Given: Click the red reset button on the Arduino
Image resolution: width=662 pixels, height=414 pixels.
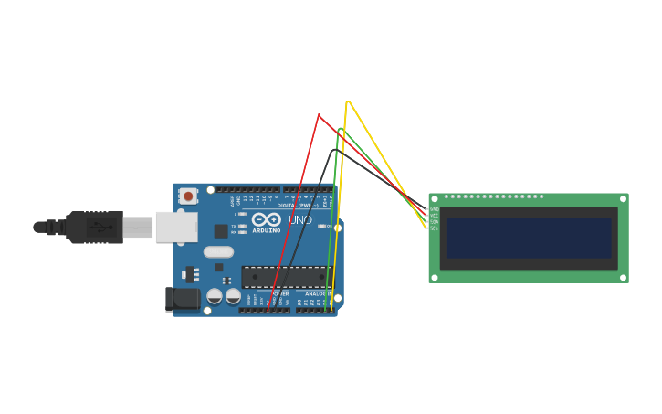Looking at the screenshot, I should coord(188,196).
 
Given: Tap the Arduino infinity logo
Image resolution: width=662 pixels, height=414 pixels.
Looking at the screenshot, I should coord(266,219).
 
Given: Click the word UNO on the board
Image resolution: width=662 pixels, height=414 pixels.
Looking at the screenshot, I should coord(300,219).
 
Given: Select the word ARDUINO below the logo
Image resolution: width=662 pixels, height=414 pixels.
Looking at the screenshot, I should coord(266,230).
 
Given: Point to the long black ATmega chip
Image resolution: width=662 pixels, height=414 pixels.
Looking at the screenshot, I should coord(286,277).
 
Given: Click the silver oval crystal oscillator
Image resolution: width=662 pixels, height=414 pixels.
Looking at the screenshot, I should coord(218,251).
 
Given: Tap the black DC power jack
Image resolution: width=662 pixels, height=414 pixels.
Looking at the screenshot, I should coord(183,298).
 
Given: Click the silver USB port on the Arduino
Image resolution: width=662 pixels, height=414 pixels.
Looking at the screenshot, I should coord(176,227).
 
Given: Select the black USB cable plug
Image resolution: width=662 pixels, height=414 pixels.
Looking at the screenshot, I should coord(95,227).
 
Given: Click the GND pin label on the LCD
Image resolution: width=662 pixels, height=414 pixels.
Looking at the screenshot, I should coord(435,209).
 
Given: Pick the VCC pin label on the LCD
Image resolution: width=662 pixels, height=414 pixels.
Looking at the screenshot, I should coord(435,216).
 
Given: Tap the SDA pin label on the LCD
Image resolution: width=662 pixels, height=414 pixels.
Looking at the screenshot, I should coord(435,222).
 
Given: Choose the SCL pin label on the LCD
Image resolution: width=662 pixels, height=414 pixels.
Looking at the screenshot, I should coord(435,228).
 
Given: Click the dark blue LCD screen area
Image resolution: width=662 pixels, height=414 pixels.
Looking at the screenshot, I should coord(529,238).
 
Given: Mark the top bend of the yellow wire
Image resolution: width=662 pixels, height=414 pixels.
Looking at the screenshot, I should coord(348,101).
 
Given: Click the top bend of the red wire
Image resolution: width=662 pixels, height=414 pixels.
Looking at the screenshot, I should coord(318,115).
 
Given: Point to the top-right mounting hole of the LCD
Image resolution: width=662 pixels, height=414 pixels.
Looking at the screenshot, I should coord(623,198).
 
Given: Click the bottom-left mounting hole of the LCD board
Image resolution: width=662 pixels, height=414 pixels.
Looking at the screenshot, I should coord(435,277).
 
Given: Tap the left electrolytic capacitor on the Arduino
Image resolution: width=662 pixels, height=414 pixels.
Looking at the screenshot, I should coord(215,296).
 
